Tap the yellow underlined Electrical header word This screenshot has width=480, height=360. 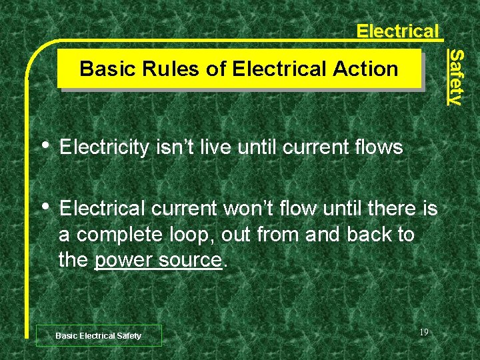[397, 31]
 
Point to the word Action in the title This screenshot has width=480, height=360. [366, 69]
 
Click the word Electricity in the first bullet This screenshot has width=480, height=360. [103, 147]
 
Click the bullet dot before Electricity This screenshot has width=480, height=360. [45, 145]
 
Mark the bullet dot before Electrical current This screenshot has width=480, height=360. [45, 207]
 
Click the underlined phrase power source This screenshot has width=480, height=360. [158, 260]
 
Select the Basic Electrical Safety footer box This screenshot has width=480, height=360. [99, 335]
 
